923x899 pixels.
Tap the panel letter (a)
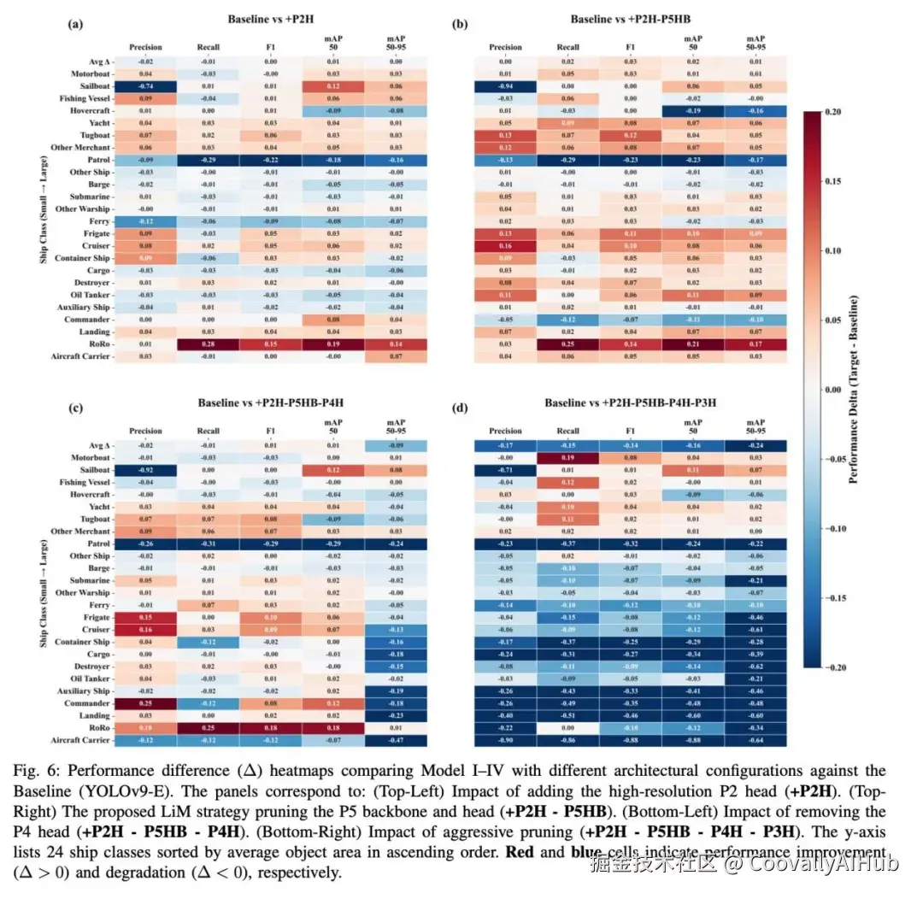tap(74, 25)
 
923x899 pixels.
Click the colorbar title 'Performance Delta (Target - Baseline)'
tap(855, 390)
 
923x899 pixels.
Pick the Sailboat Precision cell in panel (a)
tap(145, 86)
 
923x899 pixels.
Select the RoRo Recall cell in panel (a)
tap(208, 344)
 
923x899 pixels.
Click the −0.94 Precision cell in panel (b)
tap(505, 86)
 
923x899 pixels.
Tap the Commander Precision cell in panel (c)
tap(145, 703)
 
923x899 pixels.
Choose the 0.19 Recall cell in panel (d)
tap(567, 457)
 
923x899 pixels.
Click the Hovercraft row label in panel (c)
tap(91, 494)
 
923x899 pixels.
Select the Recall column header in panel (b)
tap(567, 47)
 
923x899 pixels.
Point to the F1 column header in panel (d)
tap(630, 432)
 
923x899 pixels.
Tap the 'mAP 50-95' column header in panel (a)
tap(395, 43)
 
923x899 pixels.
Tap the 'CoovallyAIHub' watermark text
tap(820, 864)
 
